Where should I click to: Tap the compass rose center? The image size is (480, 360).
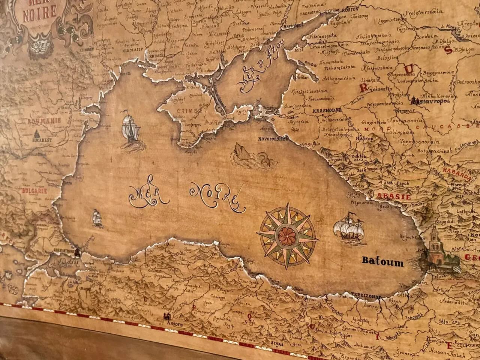[288, 235]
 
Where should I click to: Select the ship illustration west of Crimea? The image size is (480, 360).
[130, 127]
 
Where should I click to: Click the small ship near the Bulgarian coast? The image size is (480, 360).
[97, 218]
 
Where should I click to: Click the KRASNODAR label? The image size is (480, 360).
[326, 110]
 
